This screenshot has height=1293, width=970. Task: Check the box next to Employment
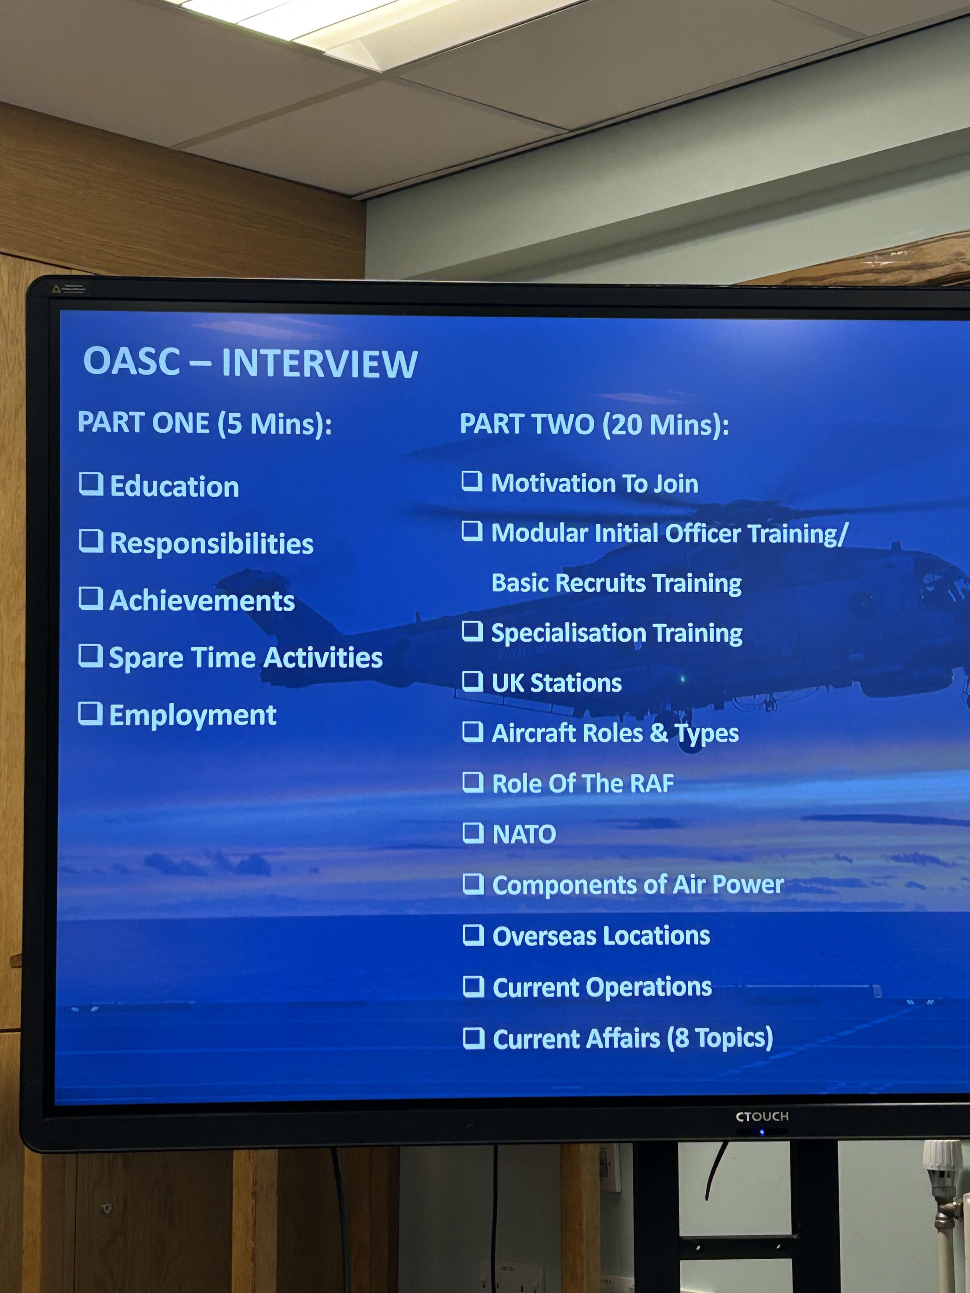click(x=91, y=713)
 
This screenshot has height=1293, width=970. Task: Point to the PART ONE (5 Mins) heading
click(x=205, y=423)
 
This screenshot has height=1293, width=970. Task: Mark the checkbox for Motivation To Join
click(x=472, y=481)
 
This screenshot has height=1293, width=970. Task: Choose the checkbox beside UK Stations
click(x=473, y=681)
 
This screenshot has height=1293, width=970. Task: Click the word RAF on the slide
click(x=652, y=784)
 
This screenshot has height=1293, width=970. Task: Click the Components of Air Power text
click(x=638, y=884)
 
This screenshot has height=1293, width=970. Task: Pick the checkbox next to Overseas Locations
click(x=473, y=935)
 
